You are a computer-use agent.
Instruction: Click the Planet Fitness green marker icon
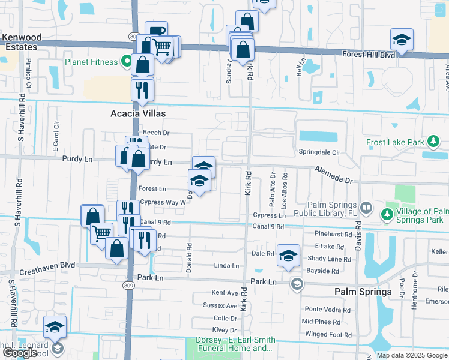coord(126,61)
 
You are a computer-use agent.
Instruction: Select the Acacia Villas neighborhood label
coord(137,113)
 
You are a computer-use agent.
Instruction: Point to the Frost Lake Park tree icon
coord(433,142)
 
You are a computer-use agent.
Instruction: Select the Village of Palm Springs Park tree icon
coord(387,212)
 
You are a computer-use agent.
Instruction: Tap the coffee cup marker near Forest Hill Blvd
coord(156,32)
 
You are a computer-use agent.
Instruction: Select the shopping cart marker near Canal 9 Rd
coord(102,232)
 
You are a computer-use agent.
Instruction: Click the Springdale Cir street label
coord(319,153)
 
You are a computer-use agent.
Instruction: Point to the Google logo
coord(19,353)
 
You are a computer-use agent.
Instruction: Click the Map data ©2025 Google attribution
coord(411,355)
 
